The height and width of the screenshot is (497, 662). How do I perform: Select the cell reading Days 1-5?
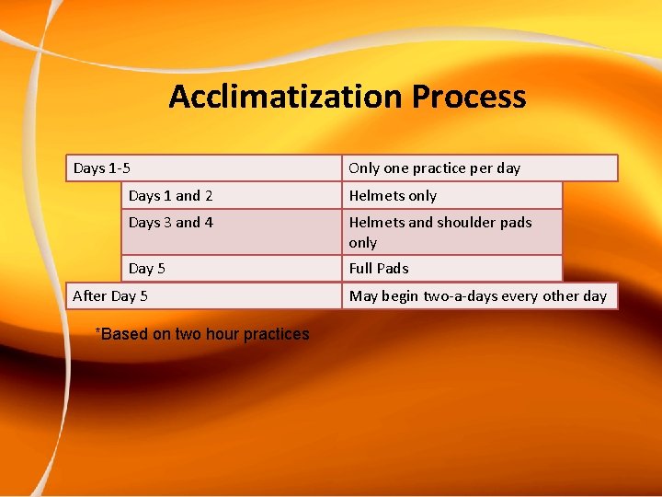[x=203, y=168]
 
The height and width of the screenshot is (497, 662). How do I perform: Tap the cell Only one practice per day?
[x=479, y=168]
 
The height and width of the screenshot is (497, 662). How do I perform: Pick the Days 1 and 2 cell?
[x=231, y=195]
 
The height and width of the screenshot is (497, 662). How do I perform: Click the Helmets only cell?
[x=451, y=195]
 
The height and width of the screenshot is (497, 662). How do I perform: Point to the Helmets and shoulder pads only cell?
[x=451, y=232]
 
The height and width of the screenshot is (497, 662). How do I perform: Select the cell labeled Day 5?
[x=231, y=268]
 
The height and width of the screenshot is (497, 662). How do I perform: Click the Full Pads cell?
[x=451, y=268]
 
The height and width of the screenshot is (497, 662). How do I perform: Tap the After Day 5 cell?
[x=203, y=295]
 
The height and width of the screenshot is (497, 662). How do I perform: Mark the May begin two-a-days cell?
[x=479, y=295]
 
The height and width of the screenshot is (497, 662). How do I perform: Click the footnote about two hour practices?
[x=203, y=334]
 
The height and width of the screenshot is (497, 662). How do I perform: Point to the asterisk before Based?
[x=98, y=331]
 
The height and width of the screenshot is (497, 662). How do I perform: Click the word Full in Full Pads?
[x=360, y=268]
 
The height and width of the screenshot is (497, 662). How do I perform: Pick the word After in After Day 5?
[x=89, y=295]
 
